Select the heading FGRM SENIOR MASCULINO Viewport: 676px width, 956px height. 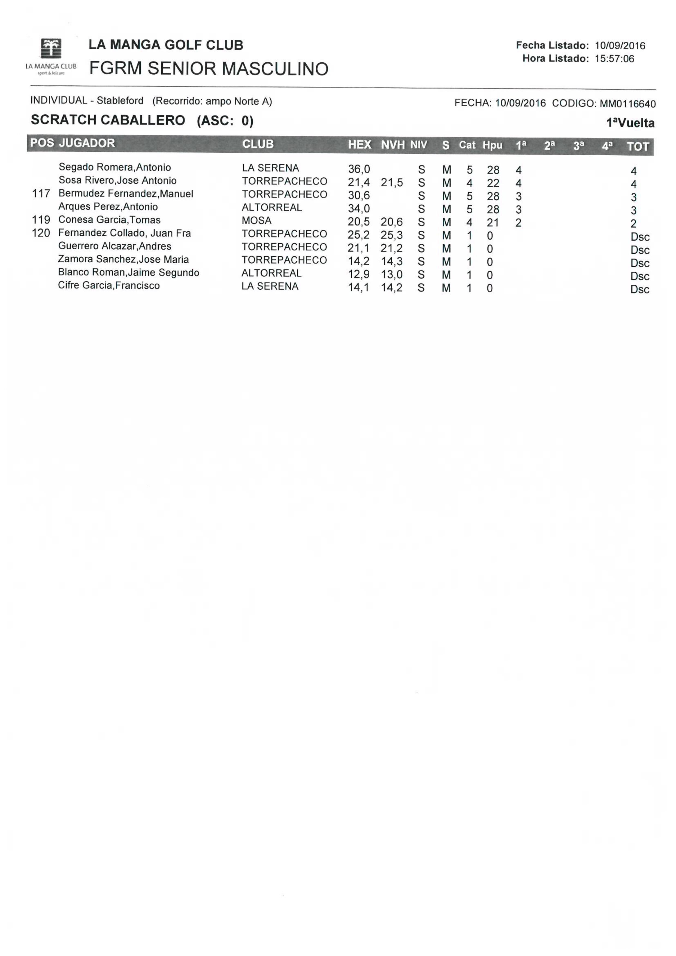209,69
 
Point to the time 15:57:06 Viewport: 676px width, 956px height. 614,59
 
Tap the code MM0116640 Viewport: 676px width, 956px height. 628,104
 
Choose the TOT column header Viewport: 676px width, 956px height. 638,147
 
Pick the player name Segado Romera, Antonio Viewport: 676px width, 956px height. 114,167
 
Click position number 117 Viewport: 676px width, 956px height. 41,194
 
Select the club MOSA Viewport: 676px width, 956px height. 256,221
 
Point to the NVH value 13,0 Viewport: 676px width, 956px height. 391,275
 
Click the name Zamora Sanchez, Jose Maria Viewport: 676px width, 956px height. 123,259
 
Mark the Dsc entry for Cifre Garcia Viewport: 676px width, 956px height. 640,289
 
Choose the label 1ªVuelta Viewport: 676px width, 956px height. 630,123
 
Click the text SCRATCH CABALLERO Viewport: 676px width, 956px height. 108,120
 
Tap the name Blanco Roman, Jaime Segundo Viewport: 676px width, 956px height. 128,272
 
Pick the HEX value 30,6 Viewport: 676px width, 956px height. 359,195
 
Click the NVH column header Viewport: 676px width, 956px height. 392,145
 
